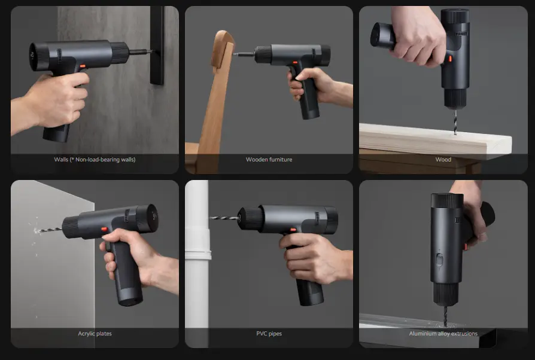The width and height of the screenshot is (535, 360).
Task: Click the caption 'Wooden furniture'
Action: pyautogui.click(x=269, y=160)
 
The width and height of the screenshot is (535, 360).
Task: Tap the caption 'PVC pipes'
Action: pyautogui.click(x=269, y=334)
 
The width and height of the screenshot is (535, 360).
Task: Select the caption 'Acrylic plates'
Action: pyautogui.click(x=95, y=334)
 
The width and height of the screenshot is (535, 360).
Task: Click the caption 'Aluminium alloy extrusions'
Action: pyautogui.click(x=443, y=334)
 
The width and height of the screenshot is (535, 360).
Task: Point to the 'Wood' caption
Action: pyautogui.click(x=443, y=160)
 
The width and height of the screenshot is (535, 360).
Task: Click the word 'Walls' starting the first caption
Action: pyautogui.click(x=61, y=160)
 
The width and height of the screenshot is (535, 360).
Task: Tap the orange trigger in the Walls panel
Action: pyautogui.click(x=82, y=66)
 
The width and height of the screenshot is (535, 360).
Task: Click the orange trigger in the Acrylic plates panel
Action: pyautogui.click(x=104, y=230)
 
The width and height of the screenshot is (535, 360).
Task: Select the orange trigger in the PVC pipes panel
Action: pyautogui.click(x=293, y=230)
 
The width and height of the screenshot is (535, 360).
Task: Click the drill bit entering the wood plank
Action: pyautogui.click(x=455, y=122)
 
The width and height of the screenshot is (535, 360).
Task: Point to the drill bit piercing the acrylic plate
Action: pyautogui.click(x=50, y=230)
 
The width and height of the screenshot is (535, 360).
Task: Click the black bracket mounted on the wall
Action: pyautogui.click(x=157, y=45)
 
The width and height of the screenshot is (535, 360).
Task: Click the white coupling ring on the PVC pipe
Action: pyautogui.click(x=198, y=255)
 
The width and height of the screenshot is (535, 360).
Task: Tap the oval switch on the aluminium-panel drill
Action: pyautogui.click(x=439, y=260)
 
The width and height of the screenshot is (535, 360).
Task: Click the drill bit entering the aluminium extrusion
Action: pyautogui.click(x=445, y=315)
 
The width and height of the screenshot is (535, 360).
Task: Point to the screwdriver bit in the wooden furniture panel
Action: pyautogui.click(x=244, y=54)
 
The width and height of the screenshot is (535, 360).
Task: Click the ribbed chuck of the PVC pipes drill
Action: pyautogui.click(x=251, y=218)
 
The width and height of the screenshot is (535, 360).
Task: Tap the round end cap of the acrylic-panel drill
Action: pyautogui.click(x=149, y=218)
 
